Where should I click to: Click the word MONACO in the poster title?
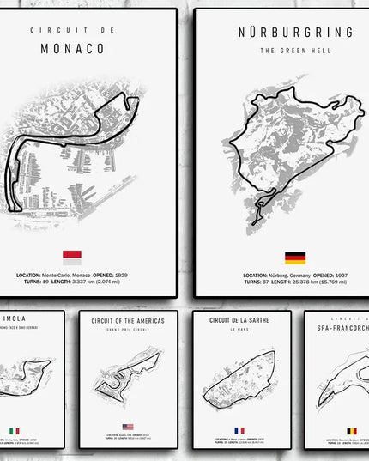point(72,49)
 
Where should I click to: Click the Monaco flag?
point(72,255)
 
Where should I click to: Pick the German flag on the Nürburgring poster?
point(295,258)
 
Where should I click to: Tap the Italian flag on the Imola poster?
point(14,430)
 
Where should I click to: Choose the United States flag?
point(128,427)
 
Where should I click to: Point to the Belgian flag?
point(351,431)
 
